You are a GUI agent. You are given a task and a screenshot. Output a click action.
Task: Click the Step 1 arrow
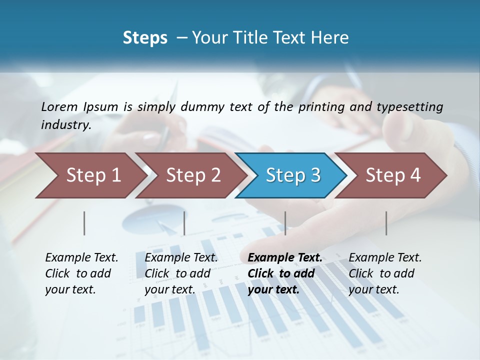90,175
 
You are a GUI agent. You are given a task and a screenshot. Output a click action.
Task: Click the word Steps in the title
145,38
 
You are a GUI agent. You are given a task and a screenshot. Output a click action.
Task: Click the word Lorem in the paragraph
59,106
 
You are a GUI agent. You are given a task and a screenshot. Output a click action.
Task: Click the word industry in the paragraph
65,124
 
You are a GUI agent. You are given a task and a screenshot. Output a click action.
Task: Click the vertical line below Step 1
84,223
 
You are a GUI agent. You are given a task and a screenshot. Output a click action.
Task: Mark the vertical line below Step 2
184,223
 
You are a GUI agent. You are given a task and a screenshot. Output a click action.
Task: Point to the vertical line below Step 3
285,223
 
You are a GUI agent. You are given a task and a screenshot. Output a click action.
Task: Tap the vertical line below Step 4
386,223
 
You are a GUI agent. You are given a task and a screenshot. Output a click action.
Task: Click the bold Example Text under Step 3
285,257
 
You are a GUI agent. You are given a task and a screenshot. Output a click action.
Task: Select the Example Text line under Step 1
81,257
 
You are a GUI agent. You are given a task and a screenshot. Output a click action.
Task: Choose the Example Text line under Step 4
385,257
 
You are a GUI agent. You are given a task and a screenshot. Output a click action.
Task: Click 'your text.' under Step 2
170,289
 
